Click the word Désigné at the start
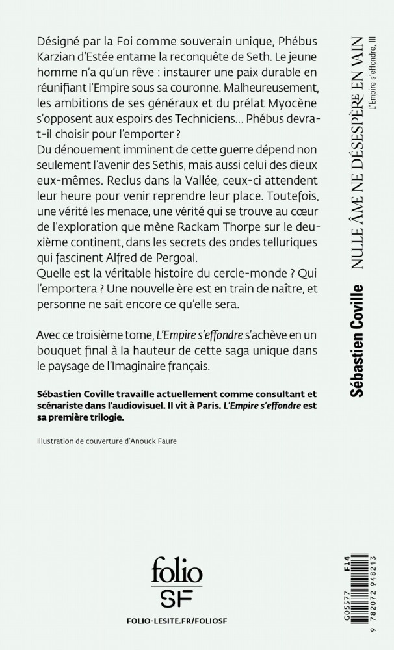(x=58, y=41)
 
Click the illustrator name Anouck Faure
(x=149, y=440)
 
